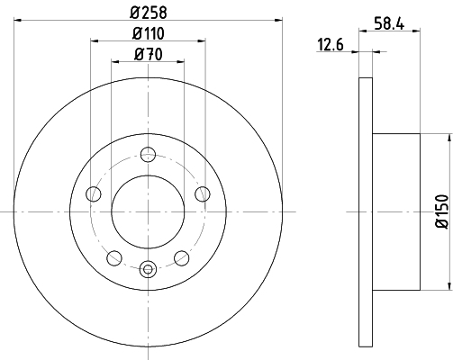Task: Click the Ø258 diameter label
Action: tap(149, 13)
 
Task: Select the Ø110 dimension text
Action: tap(149, 33)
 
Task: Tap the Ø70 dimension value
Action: tap(149, 55)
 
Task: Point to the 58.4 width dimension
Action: tap(389, 23)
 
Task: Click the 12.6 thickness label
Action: tap(331, 45)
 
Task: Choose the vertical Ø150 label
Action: tap(441, 211)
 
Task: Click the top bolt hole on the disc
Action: tap(148, 155)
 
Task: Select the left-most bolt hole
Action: tap(94, 193)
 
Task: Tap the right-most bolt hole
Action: tap(203, 193)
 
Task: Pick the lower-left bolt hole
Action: tap(114, 258)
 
